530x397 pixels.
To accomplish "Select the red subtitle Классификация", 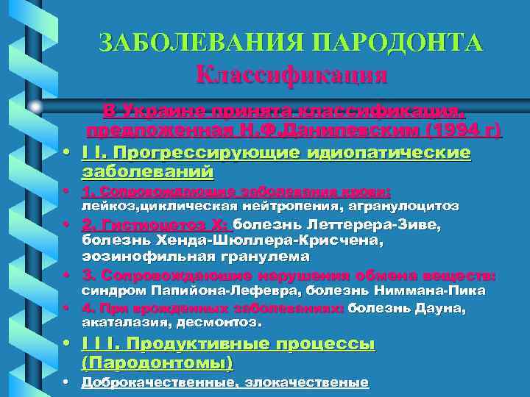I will (292, 74).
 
